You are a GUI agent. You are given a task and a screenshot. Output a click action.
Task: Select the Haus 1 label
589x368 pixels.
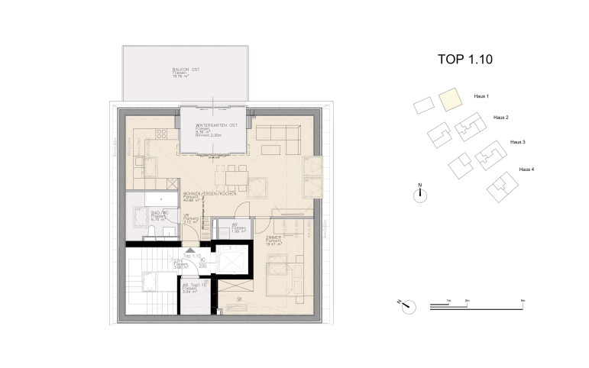pyautogui.click(x=481, y=97)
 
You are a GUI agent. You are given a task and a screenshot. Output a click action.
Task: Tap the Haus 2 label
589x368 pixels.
pyautogui.click(x=500, y=118)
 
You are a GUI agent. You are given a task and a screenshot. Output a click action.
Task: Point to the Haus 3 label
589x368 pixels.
pyautogui.click(x=518, y=143)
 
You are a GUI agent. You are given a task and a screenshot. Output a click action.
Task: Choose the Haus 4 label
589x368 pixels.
pyautogui.click(x=526, y=169)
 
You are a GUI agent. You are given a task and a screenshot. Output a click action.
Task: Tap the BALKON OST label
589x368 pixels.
pyautogui.click(x=186, y=73)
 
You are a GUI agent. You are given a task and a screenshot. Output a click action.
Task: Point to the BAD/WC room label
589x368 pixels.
pyautogui.click(x=159, y=214)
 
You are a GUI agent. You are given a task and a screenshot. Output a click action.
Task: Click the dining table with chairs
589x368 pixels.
pyautogui.click(x=231, y=178)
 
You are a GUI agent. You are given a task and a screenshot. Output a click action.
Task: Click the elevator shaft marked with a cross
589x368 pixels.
pyautogui.click(x=228, y=262)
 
